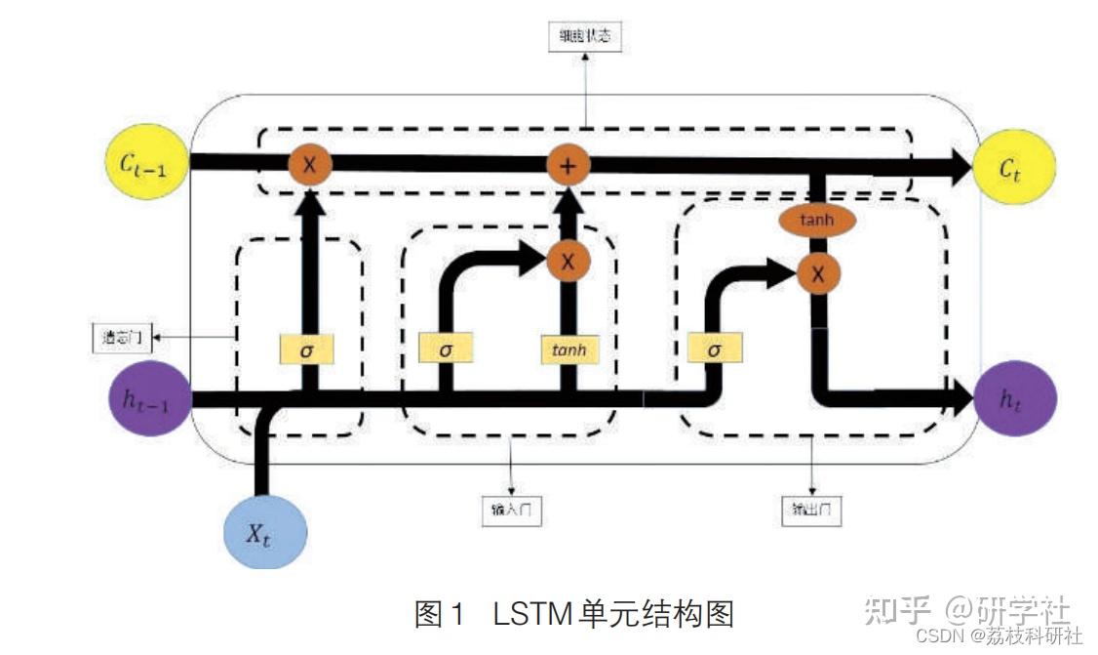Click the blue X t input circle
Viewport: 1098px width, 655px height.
coord(265,531)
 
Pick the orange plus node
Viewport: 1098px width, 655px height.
coord(567,166)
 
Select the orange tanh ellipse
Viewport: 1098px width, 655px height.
coord(817,220)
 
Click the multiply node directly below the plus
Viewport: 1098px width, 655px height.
coord(567,260)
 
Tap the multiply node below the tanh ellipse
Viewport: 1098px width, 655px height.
coord(817,274)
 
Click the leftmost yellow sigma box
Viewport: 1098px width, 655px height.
coord(307,348)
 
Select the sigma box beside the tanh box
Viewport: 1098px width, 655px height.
coord(445,348)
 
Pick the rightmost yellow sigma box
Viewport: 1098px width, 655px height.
coord(714,348)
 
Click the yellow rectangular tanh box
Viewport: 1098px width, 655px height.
coord(567,348)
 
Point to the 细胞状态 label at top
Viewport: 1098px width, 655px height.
coord(585,37)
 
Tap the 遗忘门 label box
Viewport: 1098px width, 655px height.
coord(122,337)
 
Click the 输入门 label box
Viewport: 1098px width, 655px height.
coord(511,509)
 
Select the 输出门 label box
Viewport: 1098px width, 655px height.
coord(811,509)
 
